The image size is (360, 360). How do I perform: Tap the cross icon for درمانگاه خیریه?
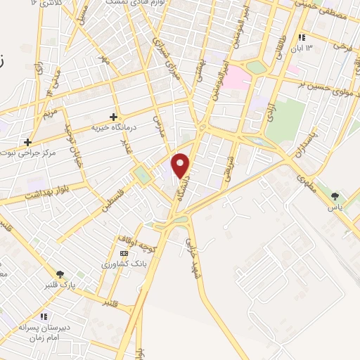click(x=113, y=117)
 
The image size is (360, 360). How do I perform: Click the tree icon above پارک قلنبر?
click(x=60, y=274)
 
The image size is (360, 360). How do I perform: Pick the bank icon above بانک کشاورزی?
click(x=124, y=253)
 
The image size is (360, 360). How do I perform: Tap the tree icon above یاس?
click(x=335, y=196)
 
